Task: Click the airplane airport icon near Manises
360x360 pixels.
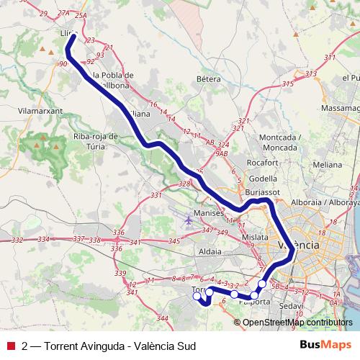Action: pos(189,219)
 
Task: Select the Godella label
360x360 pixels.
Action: pos(262,179)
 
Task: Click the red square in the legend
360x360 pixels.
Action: pos(10,344)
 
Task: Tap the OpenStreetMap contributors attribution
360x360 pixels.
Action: pos(297,322)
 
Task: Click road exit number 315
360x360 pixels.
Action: pos(288,84)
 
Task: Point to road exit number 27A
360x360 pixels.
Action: pos(63,13)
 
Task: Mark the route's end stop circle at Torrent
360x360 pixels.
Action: pos(197,294)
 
